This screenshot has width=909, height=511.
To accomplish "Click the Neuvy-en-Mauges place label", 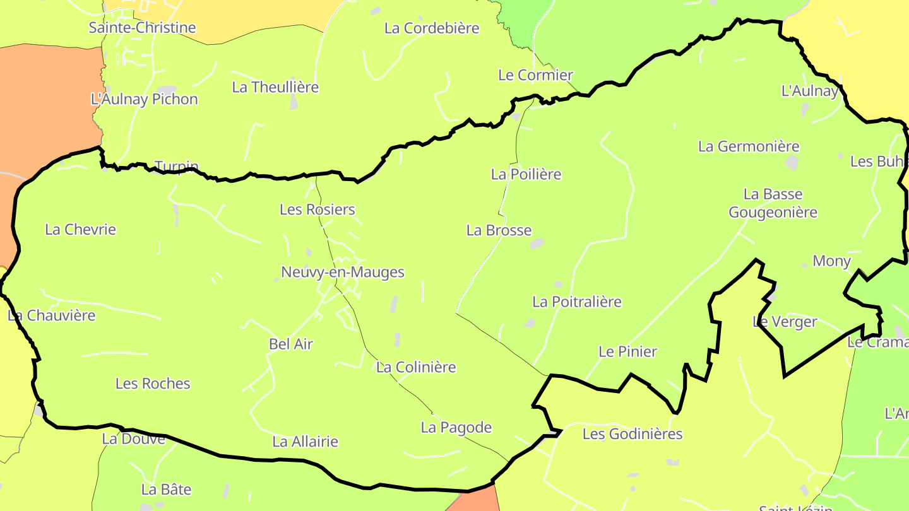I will [x=343, y=273].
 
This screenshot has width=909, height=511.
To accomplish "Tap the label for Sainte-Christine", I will [x=142, y=28].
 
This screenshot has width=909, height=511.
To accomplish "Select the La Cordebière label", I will [x=432, y=28].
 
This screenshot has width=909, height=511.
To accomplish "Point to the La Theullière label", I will [x=275, y=87].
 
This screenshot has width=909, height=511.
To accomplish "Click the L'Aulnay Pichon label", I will [x=145, y=99].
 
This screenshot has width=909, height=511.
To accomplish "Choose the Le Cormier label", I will [x=536, y=75].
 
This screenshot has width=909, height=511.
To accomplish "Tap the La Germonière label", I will [x=749, y=146].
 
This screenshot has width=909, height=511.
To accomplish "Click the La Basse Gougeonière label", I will [x=773, y=203].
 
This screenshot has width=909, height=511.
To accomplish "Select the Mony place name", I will [x=831, y=261].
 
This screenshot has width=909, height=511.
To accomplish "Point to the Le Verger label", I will [x=785, y=322].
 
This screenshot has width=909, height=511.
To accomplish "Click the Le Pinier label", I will [x=627, y=351].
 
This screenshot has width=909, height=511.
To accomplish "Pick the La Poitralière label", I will [x=577, y=302].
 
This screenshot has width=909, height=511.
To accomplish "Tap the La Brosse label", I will [x=499, y=230].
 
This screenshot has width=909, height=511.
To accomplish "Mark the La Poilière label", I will [x=526, y=174].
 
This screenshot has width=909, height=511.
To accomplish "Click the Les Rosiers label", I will [x=317, y=209].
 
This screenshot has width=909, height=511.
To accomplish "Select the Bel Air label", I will [x=291, y=344].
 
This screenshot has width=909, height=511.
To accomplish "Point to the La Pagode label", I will [x=456, y=428].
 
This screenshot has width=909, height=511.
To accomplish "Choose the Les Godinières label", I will [x=633, y=434].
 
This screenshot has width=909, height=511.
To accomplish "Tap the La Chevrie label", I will [x=81, y=229].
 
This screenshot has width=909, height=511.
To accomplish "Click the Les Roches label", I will [x=153, y=384].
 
